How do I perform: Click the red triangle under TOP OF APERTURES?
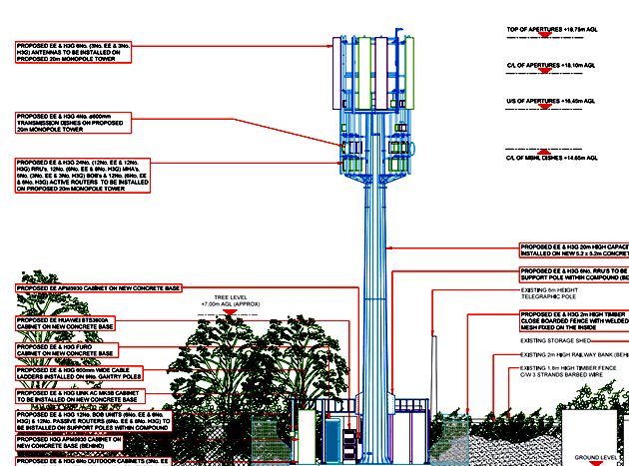click(552, 39)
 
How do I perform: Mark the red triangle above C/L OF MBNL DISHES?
click(552, 149)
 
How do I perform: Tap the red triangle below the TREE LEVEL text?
click(229, 312)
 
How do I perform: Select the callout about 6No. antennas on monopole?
click(75, 53)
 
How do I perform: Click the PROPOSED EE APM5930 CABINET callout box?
click(100, 288)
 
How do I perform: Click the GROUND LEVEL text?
click(596, 458)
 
